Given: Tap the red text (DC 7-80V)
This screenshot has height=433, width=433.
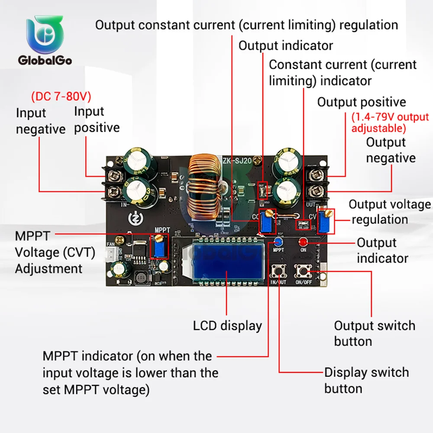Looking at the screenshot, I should point(61,96).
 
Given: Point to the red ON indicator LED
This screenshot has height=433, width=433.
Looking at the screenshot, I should point(302,241).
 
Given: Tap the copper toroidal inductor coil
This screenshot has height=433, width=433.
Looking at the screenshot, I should point(205,189).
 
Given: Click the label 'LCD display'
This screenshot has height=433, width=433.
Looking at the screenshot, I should point(227,326).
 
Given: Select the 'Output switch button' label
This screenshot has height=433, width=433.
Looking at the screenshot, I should point(374,333).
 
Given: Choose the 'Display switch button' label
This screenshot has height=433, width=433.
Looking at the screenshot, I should point(366,380).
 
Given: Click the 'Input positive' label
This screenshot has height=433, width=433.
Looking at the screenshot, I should point(97,120).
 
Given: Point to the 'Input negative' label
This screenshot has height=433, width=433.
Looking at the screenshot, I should point(40,121).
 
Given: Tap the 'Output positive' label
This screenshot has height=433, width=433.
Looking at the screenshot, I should point(362,102).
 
